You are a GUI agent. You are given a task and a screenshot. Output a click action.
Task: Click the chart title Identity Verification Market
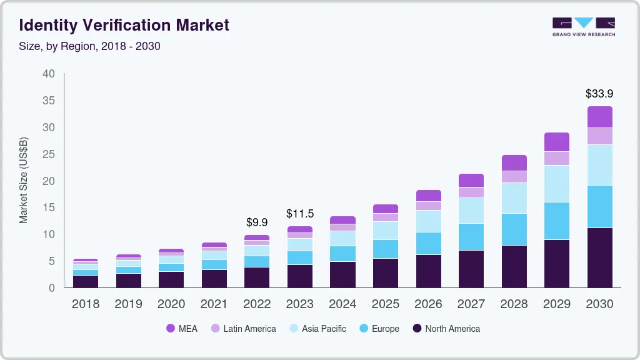point(124,25)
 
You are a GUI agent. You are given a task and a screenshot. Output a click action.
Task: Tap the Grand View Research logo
point(583,26)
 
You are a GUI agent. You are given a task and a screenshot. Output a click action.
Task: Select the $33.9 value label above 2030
point(599,94)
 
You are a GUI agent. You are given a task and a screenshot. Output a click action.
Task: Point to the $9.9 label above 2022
point(257,222)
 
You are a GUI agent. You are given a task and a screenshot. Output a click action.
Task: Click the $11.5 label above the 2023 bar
point(299,214)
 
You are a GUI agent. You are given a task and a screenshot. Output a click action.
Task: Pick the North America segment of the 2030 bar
point(599,257)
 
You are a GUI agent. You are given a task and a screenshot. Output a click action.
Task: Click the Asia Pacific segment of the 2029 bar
point(556,184)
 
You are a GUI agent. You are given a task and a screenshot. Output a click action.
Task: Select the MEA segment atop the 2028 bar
point(514,162)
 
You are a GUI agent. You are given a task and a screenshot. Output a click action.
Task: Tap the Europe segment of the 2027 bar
point(471,237)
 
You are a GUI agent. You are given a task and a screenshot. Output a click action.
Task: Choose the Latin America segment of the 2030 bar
point(599,136)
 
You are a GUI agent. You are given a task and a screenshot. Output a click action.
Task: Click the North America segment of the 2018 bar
point(85,281)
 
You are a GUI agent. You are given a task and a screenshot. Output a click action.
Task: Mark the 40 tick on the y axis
point(49,74)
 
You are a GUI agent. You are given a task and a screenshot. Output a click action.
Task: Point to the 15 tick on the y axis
point(49,207)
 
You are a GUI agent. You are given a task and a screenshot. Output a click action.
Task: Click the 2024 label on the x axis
point(342,304)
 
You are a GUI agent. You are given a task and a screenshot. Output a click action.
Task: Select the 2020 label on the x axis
point(171,304)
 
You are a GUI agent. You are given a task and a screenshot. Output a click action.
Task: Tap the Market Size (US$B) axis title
point(24,181)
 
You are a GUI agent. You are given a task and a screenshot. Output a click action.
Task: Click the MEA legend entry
point(181,328)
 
